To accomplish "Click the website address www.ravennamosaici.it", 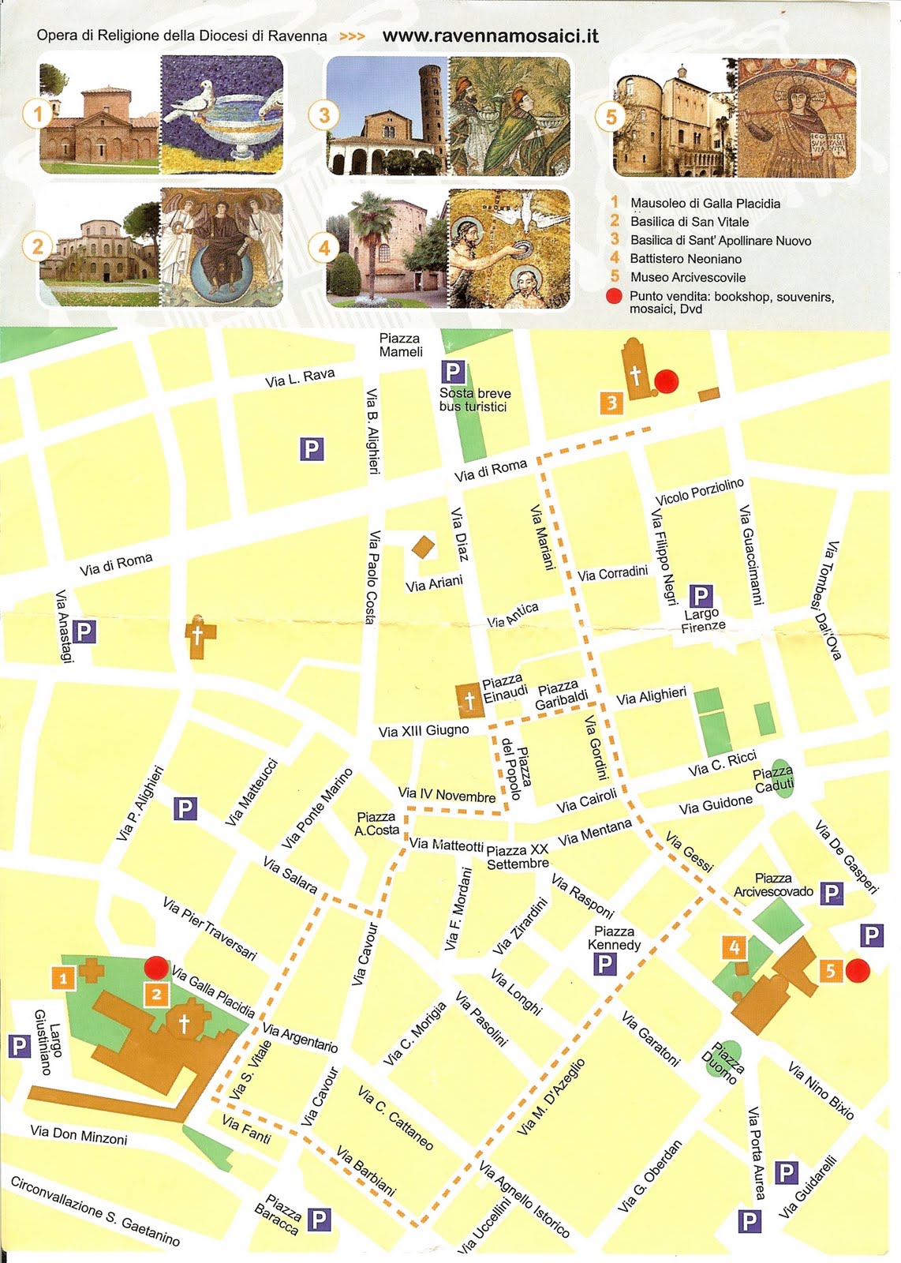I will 490,36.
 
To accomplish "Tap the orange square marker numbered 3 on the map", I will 611,403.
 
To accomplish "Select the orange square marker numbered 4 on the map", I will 735,947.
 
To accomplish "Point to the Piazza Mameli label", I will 401,345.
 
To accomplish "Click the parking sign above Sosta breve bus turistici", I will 452,372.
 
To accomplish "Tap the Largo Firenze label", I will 702,620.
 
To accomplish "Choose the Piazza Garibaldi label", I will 560,695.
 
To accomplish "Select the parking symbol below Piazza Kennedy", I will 604,963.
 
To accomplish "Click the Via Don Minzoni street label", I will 79,1134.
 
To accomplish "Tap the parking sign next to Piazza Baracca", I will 319,1220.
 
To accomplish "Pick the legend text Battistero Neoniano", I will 686,259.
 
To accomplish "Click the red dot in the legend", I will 615,297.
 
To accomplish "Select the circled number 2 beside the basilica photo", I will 37,246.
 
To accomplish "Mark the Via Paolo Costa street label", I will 372,576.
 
